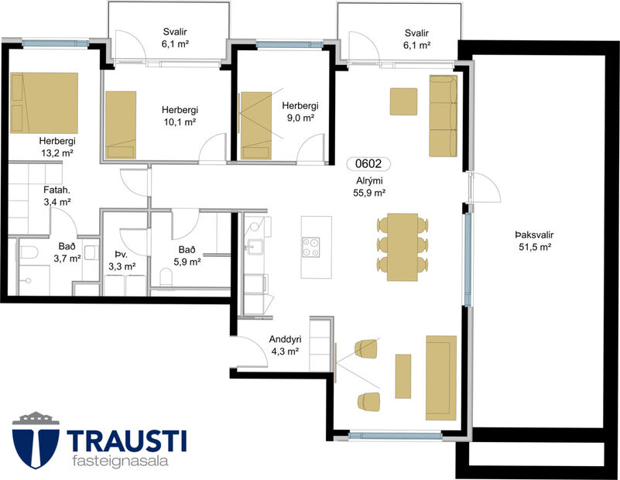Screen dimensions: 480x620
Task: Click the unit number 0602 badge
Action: (368, 164)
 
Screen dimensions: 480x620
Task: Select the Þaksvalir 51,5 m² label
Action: (535, 242)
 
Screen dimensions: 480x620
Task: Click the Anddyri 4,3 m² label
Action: (285, 345)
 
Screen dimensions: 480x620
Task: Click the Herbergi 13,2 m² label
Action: (57, 147)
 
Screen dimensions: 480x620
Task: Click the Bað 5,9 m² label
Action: (188, 255)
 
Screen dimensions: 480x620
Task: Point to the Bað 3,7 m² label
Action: (67, 252)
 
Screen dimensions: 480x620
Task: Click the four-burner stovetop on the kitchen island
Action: (312, 246)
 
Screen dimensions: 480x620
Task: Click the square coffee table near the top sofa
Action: (403, 101)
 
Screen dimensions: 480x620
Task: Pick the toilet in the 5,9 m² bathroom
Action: (164, 277)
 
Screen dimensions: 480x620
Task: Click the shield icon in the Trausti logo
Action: (35, 441)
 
